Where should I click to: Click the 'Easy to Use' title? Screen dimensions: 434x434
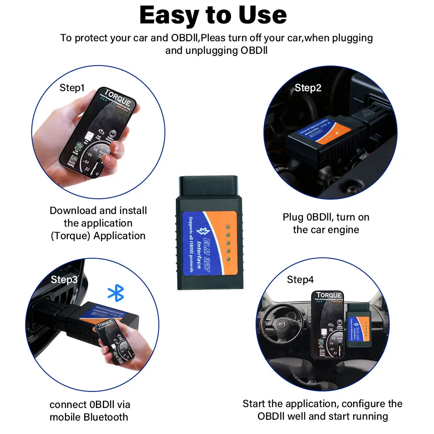213,16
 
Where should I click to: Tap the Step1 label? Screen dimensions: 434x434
72,88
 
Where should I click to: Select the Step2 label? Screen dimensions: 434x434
308,88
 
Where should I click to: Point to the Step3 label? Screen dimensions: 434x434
64,279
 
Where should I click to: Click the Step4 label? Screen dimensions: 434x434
300,280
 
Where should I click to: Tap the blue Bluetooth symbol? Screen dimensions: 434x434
115,293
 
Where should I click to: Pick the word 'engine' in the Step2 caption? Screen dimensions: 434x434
343,230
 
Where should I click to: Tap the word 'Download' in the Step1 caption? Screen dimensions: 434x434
73,210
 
